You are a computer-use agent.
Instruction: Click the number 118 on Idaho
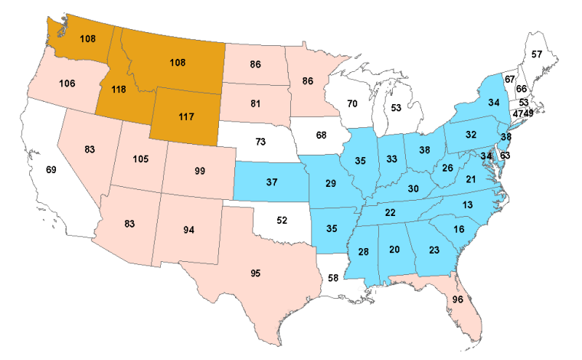(118, 89)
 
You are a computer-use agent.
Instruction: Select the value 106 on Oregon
(67, 83)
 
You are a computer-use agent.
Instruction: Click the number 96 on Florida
(458, 299)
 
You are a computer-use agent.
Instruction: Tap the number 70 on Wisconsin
(351, 103)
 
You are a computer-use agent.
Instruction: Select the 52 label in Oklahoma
(282, 220)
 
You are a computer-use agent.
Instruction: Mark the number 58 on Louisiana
(332, 277)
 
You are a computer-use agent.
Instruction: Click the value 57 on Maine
(537, 54)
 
